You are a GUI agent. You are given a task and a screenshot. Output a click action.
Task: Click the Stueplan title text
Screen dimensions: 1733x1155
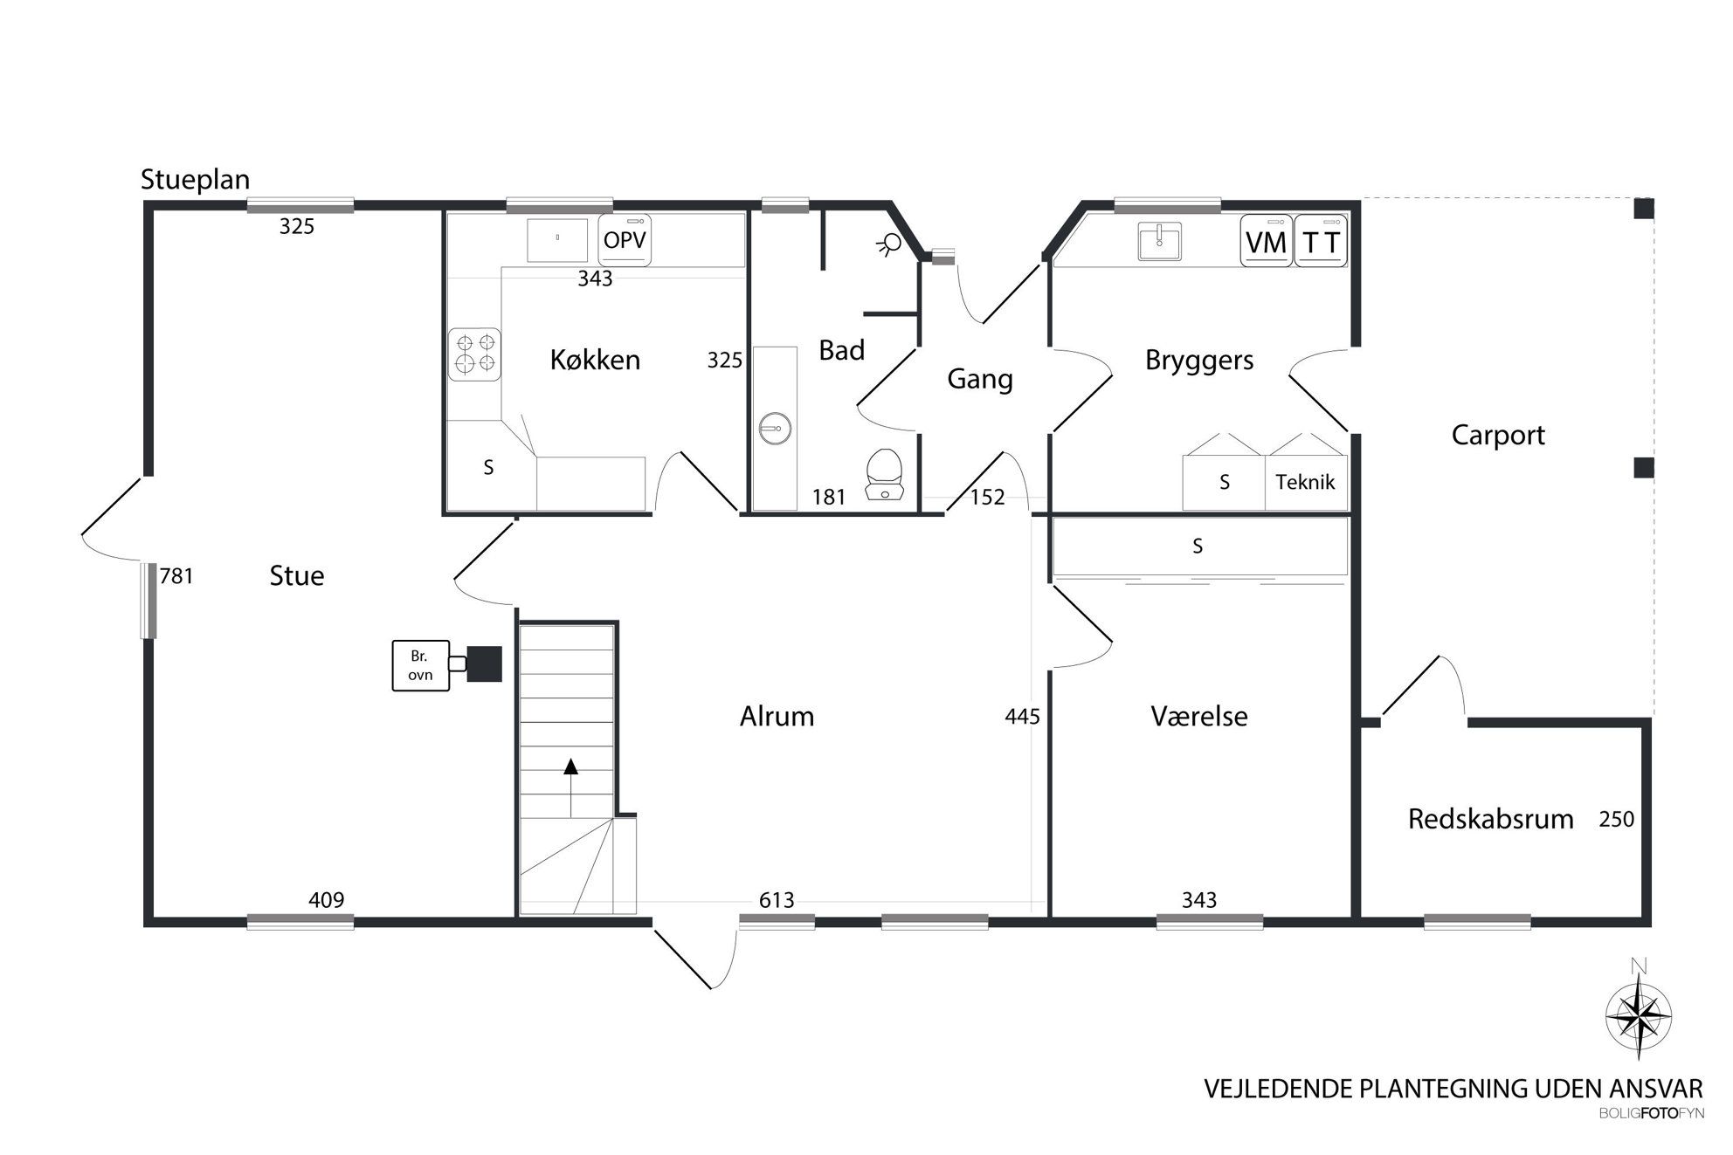[196, 180]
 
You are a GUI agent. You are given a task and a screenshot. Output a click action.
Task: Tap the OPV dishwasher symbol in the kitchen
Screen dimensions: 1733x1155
[625, 239]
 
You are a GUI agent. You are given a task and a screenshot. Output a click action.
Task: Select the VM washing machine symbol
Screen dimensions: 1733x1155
[1266, 241]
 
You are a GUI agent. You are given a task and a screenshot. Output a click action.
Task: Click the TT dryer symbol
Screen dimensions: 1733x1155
[1321, 241]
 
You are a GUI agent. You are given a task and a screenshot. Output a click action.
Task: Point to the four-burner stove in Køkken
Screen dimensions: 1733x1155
[474, 354]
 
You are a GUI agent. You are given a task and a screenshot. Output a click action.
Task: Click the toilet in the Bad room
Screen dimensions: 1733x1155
[884, 474]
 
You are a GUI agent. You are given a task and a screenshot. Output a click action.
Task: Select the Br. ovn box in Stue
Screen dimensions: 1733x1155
[420, 666]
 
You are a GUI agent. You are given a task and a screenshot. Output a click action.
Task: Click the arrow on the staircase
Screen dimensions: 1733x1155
[571, 787]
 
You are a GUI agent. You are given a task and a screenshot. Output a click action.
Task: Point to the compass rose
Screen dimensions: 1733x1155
[1639, 1014]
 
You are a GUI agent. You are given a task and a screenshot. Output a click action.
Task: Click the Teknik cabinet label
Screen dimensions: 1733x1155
[1305, 481]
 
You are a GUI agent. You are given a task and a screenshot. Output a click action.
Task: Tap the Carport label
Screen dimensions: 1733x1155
[1498, 436]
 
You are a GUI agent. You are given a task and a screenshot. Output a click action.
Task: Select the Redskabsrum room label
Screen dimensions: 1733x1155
[1490, 819]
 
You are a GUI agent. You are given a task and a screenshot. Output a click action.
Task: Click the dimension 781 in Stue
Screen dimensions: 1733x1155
[176, 576]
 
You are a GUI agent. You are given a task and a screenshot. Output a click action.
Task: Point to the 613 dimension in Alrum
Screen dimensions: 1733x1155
[777, 900]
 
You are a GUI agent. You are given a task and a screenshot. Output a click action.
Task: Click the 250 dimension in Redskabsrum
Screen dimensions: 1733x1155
[1616, 819]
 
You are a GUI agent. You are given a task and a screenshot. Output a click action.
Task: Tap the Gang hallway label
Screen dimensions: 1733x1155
[980, 380]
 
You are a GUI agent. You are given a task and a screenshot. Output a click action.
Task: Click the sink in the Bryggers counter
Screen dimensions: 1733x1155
[1160, 241]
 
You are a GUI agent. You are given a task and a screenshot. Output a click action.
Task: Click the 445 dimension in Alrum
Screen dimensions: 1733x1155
[1022, 717]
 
